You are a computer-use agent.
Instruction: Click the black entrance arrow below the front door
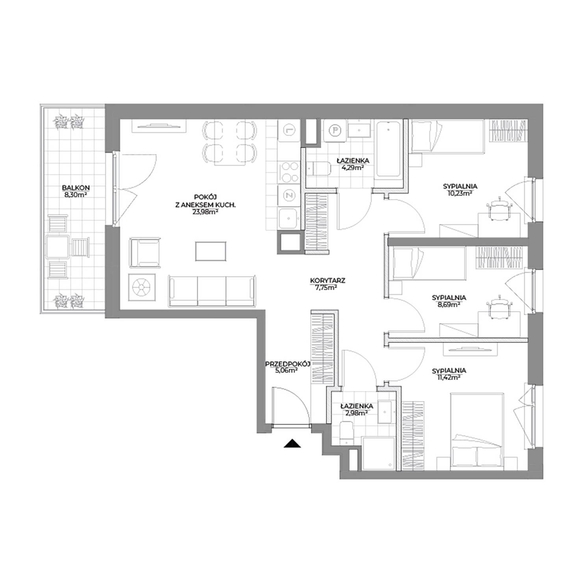(292, 444)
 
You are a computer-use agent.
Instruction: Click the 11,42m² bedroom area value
(449, 377)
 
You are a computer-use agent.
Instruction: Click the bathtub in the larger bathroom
(389, 149)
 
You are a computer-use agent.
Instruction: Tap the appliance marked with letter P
(335, 130)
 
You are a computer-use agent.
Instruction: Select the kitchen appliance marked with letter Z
(289, 195)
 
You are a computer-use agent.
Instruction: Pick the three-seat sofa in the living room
(212, 291)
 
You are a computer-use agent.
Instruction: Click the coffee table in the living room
(211, 251)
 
